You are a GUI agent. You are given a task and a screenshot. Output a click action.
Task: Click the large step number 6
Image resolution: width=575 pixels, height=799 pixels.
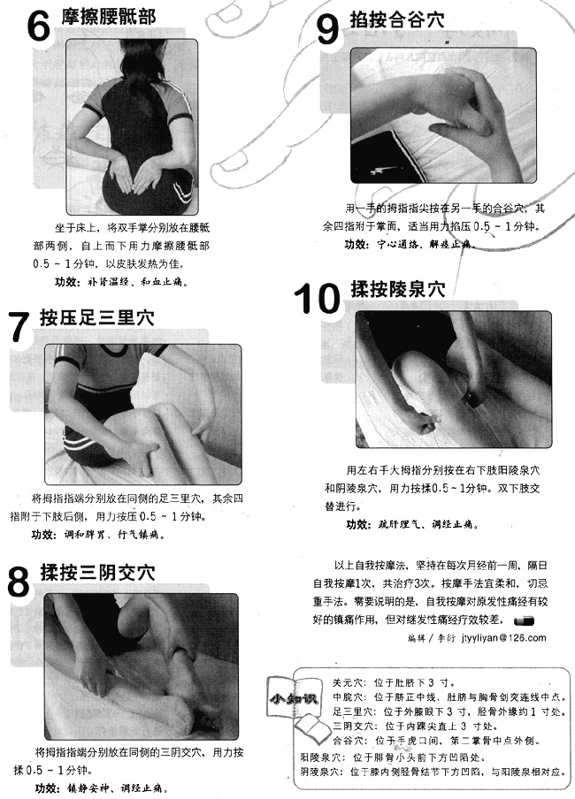[38, 26]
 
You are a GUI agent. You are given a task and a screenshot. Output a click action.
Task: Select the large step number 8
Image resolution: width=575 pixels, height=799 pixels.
[19, 581]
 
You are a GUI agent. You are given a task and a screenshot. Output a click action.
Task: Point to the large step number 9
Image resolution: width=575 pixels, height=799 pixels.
[327, 28]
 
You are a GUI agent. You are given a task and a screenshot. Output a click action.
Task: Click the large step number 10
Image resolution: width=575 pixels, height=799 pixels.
[317, 298]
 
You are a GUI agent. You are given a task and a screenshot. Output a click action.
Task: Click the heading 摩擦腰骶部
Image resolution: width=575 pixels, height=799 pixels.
[109, 17]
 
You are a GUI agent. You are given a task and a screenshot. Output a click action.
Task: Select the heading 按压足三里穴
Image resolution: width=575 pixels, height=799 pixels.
[97, 318]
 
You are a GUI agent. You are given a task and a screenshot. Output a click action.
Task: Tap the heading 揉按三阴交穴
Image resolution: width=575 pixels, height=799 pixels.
[97, 572]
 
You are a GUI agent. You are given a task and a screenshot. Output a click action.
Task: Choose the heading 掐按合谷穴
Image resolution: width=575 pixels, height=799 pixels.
[397, 19]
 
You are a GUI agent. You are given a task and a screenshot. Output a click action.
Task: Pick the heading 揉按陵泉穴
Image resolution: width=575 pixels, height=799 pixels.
[398, 289]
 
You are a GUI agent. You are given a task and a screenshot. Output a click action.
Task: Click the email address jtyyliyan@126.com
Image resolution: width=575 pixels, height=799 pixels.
[503, 637]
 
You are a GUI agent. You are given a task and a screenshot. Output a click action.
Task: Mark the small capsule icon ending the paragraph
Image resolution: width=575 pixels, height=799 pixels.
[524, 620]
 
